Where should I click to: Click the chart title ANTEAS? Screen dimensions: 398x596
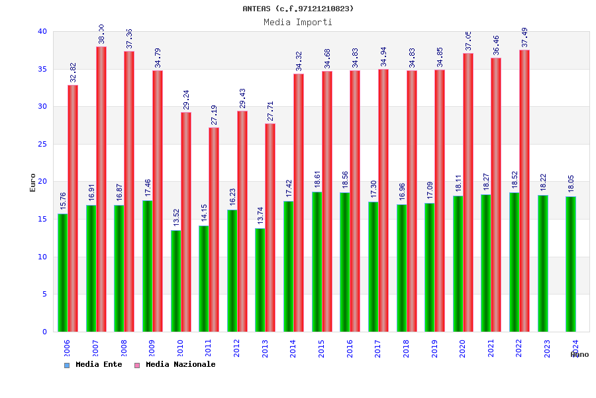(298, 9)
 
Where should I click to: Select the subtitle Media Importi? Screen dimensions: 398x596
(298, 22)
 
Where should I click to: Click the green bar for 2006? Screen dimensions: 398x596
(62, 272)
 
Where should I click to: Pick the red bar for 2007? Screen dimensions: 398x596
(101, 189)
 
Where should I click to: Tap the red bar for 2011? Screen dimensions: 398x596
(214, 229)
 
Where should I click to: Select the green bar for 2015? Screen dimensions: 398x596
(317, 261)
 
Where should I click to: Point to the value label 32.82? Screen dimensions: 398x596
(73, 72)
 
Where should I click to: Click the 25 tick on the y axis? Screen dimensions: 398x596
(42, 144)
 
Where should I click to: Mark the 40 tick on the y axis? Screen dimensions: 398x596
(42, 31)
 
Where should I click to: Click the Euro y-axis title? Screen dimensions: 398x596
(33, 182)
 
